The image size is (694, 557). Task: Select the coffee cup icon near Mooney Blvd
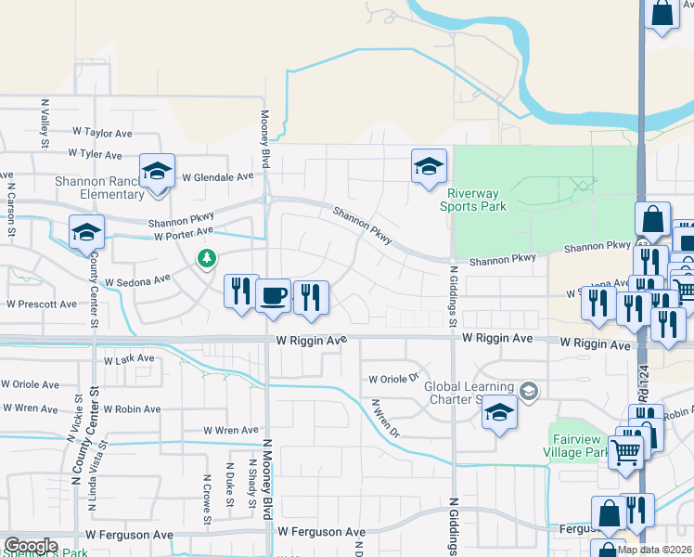(273, 296)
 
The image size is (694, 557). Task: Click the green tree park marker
(206, 258)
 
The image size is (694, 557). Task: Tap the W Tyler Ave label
(95, 155)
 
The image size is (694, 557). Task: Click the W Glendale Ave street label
(217, 176)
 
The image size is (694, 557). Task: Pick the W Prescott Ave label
(41, 304)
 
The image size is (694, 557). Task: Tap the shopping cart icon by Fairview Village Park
(626, 452)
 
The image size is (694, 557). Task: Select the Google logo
(31, 546)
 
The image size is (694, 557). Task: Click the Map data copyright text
(654, 550)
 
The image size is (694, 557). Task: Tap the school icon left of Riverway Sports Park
(429, 168)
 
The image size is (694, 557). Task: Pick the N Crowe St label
(207, 491)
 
